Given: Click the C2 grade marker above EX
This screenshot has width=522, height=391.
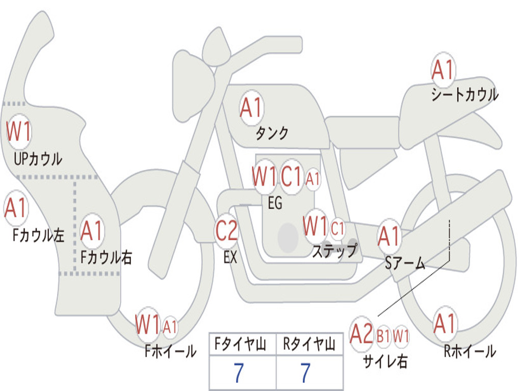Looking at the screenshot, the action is pyautogui.click(x=226, y=231).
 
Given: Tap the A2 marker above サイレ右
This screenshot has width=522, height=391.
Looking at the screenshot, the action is pyautogui.click(x=361, y=334).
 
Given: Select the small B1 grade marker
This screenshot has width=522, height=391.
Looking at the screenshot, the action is pyautogui.click(x=383, y=336).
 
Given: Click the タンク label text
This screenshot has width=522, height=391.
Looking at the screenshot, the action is pyautogui.click(x=272, y=133).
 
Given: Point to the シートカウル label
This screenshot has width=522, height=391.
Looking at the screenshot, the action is pyautogui.click(x=464, y=95).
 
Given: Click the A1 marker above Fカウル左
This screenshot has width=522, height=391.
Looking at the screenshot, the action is pyautogui.click(x=15, y=208).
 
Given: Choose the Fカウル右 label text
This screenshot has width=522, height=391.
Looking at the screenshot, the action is pyautogui.click(x=107, y=257).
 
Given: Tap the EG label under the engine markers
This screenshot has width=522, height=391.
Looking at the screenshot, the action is pyautogui.click(x=275, y=203).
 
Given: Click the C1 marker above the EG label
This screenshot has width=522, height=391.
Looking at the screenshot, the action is pyautogui.click(x=292, y=177).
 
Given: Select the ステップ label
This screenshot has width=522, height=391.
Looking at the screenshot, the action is pyautogui.click(x=334, y=251).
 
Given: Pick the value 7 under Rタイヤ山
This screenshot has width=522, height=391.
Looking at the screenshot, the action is pyautogui.click(x=305, y=374).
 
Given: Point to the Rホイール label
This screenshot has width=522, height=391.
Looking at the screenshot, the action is pyautogui.click(x=469, y=351).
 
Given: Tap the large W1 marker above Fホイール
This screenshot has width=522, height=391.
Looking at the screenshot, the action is pyautogui.click(x=148, y=324).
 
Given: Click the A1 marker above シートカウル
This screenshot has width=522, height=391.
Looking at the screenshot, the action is pyautogui.click(x=443, y=70).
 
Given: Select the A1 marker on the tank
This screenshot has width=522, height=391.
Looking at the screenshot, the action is pyautogui.click(x=251, y=108).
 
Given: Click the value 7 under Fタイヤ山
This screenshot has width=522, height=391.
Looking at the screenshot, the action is pyautogui.click(x=238, y=374).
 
